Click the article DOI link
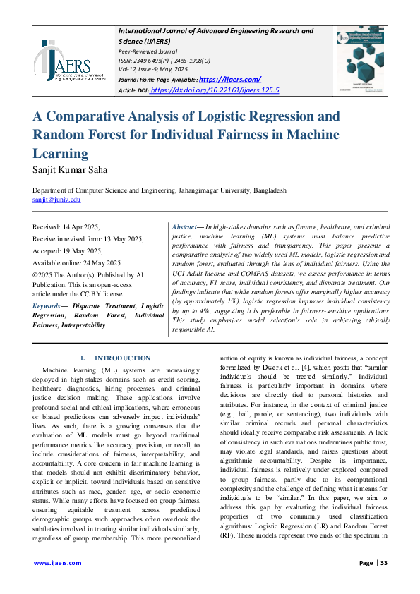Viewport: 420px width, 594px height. point(215,90)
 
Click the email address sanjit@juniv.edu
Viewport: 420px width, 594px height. point(57,200)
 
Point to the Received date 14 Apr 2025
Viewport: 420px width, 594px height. point(66,227)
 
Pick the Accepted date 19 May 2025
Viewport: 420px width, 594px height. point(68,251)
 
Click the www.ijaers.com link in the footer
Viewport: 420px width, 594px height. point(58,562)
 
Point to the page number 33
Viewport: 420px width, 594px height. point(385,562)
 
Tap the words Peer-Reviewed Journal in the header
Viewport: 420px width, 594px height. point(148,51)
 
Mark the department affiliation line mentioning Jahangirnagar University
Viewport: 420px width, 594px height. point(160,190)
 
